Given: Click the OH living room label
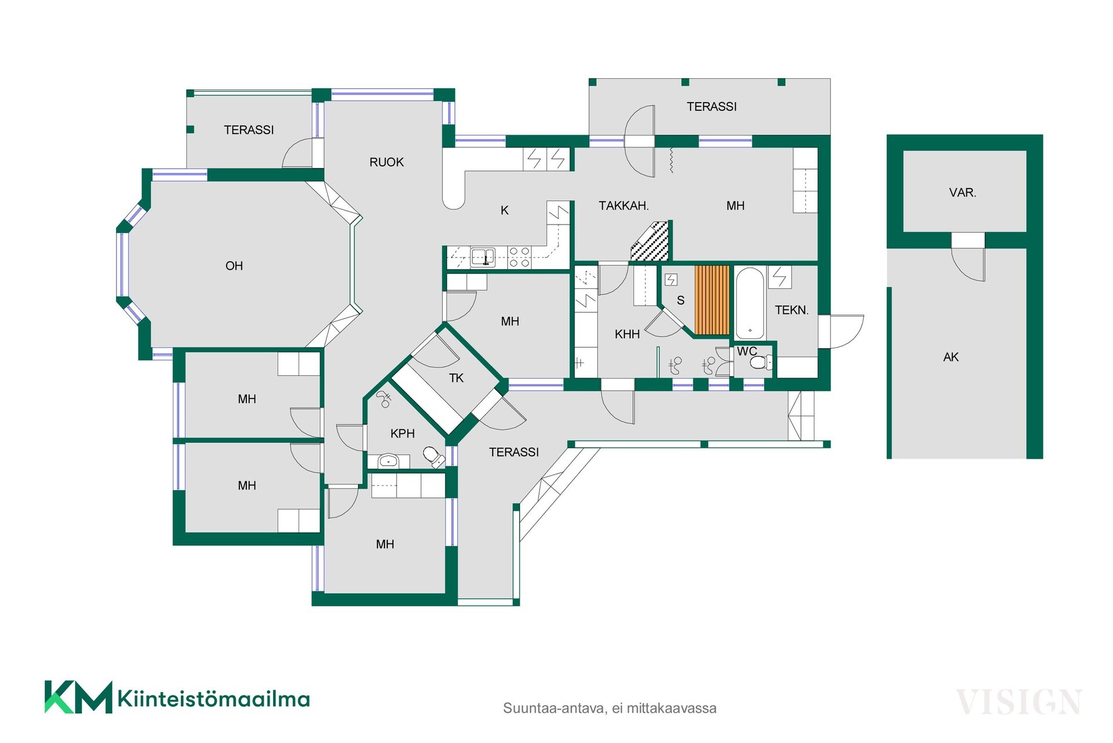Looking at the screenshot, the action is pyautogui.click(x=234, y=266).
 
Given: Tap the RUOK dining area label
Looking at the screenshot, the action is pyautogui.click(x=387, y=162).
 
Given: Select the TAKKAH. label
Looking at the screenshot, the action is pyautogui.click(x=624, y=205).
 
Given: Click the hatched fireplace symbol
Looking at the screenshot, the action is pyautogui.click(x=650, y=241).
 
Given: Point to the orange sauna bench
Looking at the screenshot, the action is pyautogui.click(x=712, y=300).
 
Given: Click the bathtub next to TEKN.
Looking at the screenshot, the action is pyautogui.click(x=750, y=303).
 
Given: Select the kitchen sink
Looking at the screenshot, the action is pyautogui.click(x=482, y=256).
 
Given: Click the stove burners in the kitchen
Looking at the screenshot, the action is pyautogui.click(x=519, y=257).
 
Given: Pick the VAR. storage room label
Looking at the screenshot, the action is pyautogui.click(x=963, y=193).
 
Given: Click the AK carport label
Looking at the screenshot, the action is pyautogui.click(x=951, y=357).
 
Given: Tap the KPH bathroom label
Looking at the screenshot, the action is pyautogui.click(x=402, y=434).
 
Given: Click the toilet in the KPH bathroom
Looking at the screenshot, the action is pyautogui.click(x=433, y=456).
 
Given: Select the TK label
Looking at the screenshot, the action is pyautogui.click(x=456, y=378).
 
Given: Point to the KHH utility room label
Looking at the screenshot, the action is pyautogui.click(x=627, y=334).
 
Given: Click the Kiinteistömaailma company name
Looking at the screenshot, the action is pyautogui.click(x=214, y=699).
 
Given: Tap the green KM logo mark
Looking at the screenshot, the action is pyautogui.click(x=78, y=697).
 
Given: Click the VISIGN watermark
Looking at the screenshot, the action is pyautogui.click(x=1018, y=702).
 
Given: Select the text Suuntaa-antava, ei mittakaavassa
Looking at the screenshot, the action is pyautogui.click(x=610, y=708).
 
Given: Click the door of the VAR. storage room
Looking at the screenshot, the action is pyautogui.click(x=968, y=256).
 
